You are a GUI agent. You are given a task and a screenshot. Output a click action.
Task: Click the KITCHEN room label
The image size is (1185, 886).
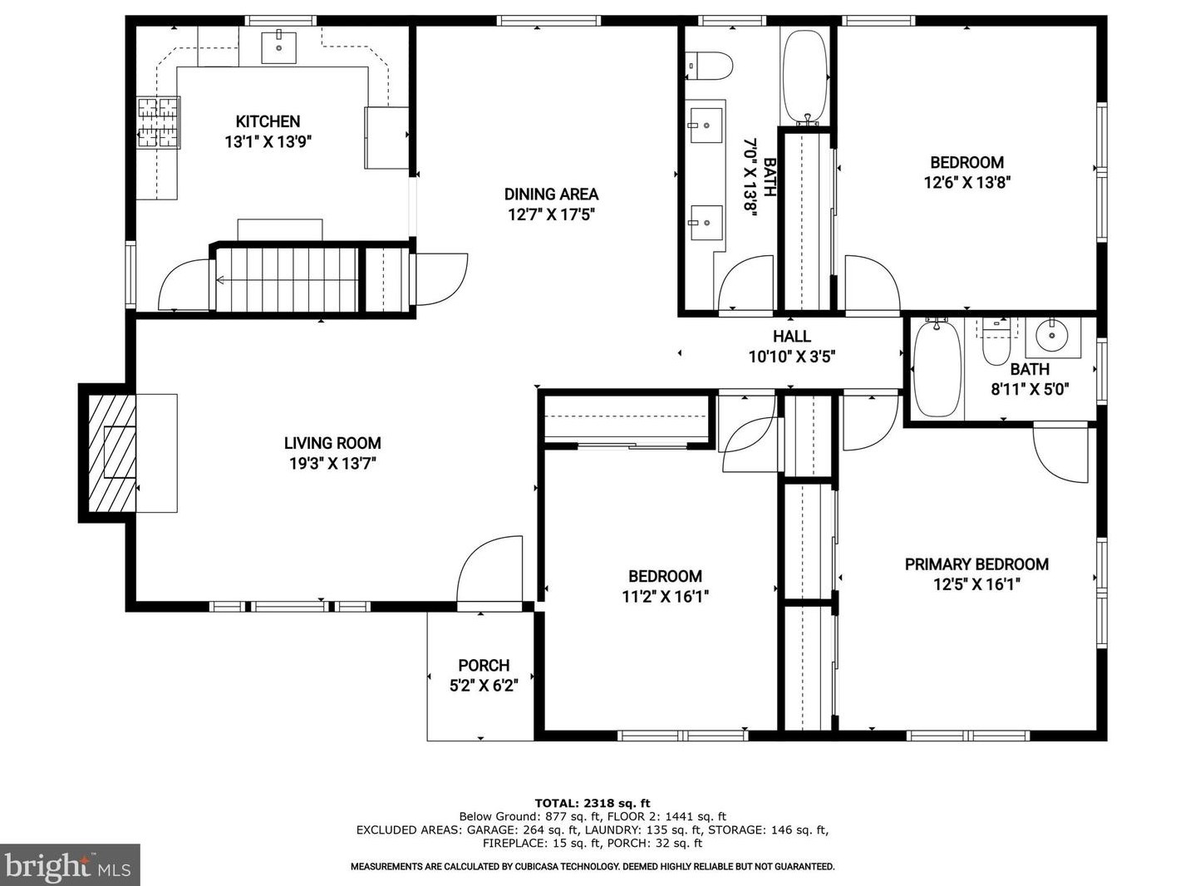268,121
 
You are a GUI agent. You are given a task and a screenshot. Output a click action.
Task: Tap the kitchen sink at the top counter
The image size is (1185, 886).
279,47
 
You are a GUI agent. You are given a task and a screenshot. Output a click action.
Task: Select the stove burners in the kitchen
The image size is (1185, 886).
159,122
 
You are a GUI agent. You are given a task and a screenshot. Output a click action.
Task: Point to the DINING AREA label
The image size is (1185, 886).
551,194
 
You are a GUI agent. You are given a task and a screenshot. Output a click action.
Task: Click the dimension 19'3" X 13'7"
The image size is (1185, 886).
332,464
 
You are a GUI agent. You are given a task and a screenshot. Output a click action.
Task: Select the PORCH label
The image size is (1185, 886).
484,665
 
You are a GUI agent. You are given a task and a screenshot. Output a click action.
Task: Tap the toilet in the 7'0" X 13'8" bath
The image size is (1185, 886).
710,65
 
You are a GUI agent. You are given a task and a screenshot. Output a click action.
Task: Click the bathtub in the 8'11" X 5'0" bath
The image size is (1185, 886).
937,368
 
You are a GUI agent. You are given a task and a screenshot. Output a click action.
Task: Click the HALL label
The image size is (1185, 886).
791,336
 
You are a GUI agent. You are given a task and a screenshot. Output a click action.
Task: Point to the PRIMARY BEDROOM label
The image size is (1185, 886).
976,564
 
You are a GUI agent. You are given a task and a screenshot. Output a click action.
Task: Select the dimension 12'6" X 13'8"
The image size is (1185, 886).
966,182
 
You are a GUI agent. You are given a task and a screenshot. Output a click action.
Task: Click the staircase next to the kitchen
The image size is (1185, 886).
287,279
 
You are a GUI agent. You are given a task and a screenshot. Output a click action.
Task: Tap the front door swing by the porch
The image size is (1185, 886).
490,569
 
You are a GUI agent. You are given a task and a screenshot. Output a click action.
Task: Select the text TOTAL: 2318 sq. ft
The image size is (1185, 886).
592,803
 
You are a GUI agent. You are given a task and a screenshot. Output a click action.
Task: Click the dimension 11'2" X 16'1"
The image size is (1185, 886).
665,596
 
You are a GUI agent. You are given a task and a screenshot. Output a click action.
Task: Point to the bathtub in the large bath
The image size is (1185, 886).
804,76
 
